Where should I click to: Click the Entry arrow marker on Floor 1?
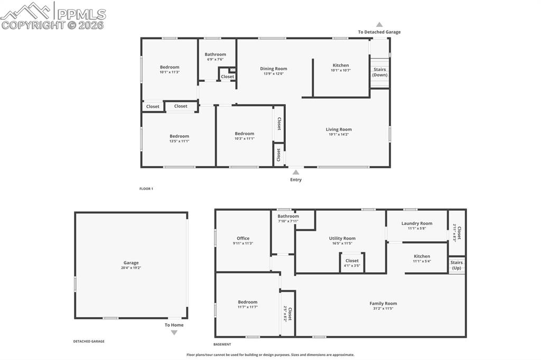(296, 172)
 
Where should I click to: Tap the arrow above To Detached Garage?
(379, 24)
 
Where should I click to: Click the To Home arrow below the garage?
(174, 333)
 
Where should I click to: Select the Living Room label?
(339, 129)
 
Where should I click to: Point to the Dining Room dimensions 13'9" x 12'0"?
(274, 74)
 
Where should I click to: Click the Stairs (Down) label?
(379, 72)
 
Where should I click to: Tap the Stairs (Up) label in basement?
(456, 265)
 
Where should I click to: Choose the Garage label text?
(131, 263)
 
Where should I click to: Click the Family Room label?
(383, 304)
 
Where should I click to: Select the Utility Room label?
(342, 238)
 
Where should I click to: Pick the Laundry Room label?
(417, 223)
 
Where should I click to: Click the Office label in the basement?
(243, 238)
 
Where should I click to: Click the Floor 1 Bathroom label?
(216, 54)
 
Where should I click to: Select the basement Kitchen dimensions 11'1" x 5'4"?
(422, 261)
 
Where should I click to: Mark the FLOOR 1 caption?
(146, 188)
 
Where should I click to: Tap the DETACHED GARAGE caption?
(89, 342)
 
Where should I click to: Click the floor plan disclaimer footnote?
(270, 355)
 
